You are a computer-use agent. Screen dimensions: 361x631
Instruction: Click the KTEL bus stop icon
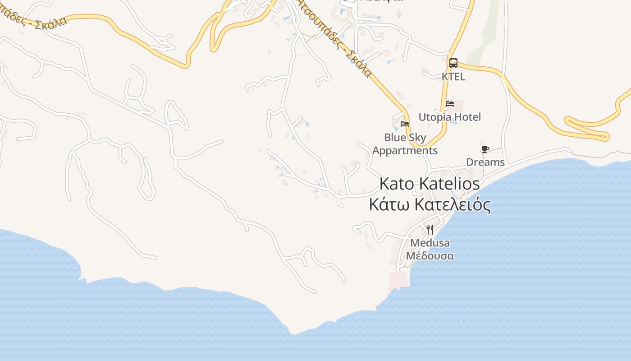[x=453, y=63]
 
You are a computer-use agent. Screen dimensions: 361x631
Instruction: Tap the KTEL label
[x=453, y=77]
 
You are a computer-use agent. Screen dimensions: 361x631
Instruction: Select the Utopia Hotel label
[x=450, y=117]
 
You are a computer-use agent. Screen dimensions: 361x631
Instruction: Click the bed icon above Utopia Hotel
[x=450, y=103]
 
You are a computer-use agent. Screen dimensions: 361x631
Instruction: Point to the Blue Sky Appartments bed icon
[x=405, y=124]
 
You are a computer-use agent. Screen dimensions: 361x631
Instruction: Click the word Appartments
[x=405, y=151]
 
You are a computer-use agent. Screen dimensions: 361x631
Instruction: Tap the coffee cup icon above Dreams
[x=485, y=149]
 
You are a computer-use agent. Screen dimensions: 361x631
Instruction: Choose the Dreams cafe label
[x=485, y=162]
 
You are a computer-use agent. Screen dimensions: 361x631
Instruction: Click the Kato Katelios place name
[x=430, y=184]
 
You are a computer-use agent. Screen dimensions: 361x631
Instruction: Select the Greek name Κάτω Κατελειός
[x=430, y=204]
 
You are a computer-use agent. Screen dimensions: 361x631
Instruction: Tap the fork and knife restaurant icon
[x=430, y=230]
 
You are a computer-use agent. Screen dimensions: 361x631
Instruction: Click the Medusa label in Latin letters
[x=430, y=243]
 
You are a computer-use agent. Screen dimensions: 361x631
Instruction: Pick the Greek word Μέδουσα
[x=430, y=256]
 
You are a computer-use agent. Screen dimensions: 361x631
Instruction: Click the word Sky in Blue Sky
[x=418, y=138]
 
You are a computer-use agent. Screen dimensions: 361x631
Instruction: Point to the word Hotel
[x=468, y=117]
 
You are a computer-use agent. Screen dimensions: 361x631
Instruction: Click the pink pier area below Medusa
[x=398, y=280]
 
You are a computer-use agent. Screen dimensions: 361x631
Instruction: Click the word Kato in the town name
[x=397, y=184]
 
